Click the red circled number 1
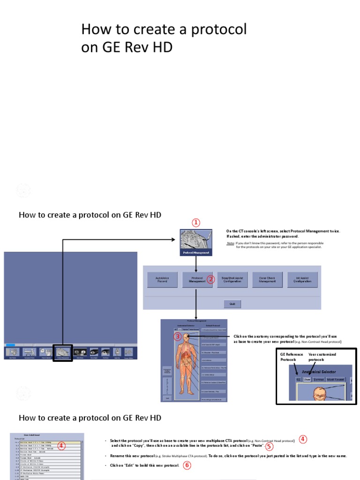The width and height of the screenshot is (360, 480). [196, 222]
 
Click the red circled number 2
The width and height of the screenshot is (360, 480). [211, 280]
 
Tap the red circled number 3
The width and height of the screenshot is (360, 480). [178, 336]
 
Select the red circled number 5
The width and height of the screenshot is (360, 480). [269, 446]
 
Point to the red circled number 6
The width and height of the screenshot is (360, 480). [187, 465]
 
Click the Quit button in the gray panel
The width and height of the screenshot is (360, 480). [232, 303]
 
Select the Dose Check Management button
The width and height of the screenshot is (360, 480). [267, 280]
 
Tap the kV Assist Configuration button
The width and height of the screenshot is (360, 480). [302, 280]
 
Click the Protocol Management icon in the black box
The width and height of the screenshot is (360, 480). [62, 352]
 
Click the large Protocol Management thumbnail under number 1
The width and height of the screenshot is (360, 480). [196, 242]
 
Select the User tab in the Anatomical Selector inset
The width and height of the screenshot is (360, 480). [307, 379]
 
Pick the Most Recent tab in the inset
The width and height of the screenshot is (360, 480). [336, 379]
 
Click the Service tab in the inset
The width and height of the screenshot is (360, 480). [319, 379]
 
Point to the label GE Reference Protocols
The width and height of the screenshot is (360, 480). [292, 357]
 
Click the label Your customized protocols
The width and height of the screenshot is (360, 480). [322, 357]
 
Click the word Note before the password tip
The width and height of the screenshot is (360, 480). [231, 243]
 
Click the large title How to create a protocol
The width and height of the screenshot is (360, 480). [164, 30]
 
